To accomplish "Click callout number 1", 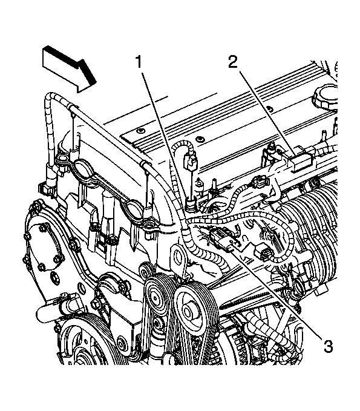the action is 139,62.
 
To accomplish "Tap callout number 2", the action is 233,62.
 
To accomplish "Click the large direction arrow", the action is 68,68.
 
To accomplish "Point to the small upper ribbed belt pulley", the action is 156,297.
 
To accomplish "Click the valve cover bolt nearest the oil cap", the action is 268,108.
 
